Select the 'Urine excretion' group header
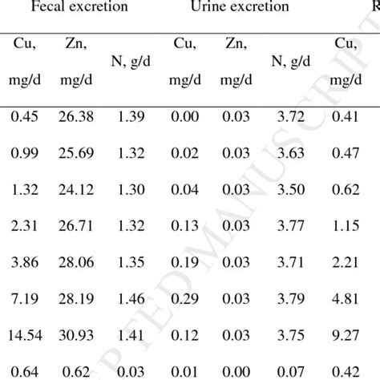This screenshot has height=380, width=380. (235, 9)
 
